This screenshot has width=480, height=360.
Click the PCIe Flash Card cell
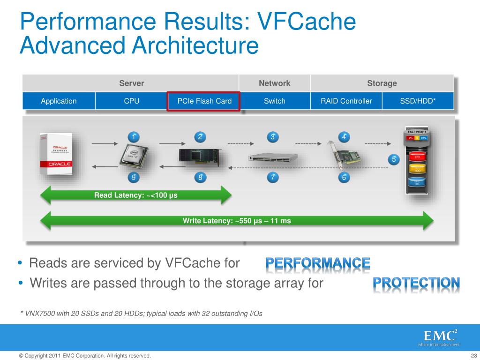[x=204, y=101]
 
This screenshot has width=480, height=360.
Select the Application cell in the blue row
[x=59, y=101]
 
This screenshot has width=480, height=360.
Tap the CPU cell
[x=131, y=101]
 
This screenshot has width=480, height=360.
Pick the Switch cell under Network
[x=274, y=101]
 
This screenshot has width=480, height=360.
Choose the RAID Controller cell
[x=346, y=101]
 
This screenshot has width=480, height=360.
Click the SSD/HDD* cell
[x=418, y=101]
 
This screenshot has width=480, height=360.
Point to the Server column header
[x=131, y=83]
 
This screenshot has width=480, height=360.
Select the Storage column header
[x=382, y=83]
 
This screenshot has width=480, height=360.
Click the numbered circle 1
[x=134, y=137]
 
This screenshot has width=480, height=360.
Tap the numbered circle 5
[x=394, y=159]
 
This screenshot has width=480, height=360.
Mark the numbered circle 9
[x=134, y=177]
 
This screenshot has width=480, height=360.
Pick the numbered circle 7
[x=272, y=177]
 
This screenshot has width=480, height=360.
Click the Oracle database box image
[x=56, y=154]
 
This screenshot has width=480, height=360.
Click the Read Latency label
[x=136, y=195]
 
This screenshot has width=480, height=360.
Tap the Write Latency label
[x=237, y=220]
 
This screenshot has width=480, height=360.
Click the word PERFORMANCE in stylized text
[x=318, y=264]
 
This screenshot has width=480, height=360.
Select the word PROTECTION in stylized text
[x=416, y=283]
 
